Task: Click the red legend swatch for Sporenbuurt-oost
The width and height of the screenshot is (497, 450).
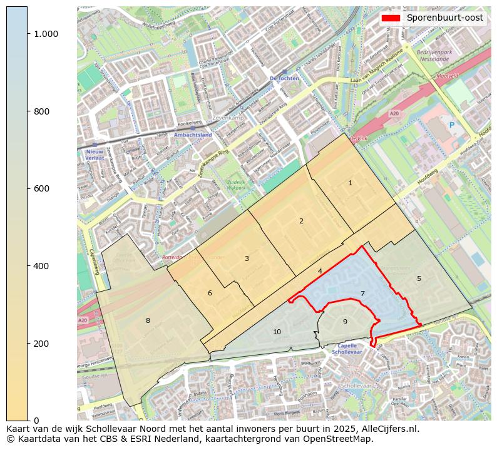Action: coord(392,18)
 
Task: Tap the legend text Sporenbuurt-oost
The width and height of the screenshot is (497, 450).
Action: coord(444,18)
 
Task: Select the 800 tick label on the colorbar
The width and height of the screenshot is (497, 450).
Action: coord(42,111)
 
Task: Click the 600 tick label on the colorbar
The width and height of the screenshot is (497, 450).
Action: coord(42,188)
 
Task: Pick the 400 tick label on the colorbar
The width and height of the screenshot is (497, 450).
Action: coord(42,266)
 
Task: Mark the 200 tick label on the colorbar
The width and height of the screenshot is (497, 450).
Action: coord(42,344)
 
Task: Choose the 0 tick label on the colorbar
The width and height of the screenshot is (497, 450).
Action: coord(36,421)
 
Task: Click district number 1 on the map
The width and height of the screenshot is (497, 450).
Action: coord(350,183)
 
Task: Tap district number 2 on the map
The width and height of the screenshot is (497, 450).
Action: coord(301,221)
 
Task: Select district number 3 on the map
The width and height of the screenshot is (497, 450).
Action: coord(247,258)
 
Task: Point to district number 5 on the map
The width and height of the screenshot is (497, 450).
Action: coord(419,279)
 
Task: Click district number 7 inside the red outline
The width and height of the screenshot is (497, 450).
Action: coord(362,294)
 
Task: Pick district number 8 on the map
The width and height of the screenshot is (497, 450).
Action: coord(148,320)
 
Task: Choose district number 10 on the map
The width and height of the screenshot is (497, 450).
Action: coord(277,332)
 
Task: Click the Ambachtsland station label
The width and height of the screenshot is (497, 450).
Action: coord(192,135)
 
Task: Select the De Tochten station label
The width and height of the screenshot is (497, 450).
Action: coord(282,78)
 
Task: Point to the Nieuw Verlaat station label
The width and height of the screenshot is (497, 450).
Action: coord(95,155)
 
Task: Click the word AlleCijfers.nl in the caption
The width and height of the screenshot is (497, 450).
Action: coord(381,429)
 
